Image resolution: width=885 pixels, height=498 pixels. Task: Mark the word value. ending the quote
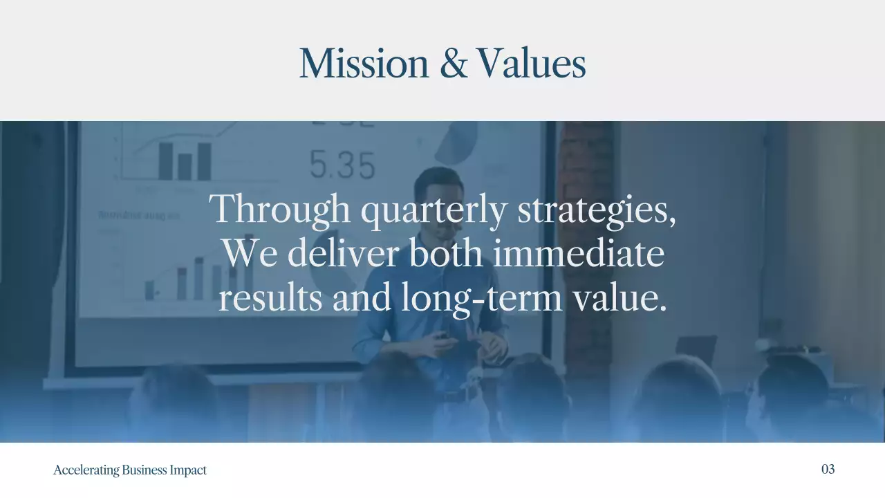(620, 297)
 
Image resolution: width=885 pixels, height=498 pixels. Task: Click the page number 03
(828, 469)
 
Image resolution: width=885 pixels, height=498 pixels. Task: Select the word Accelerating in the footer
(86, 470)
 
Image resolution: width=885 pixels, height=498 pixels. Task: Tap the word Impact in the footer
(188, 470)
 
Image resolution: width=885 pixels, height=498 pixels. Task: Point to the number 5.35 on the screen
(342, 165)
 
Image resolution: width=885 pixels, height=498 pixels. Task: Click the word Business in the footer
(145, 470)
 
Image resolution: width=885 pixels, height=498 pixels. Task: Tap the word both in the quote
(447, 253)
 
